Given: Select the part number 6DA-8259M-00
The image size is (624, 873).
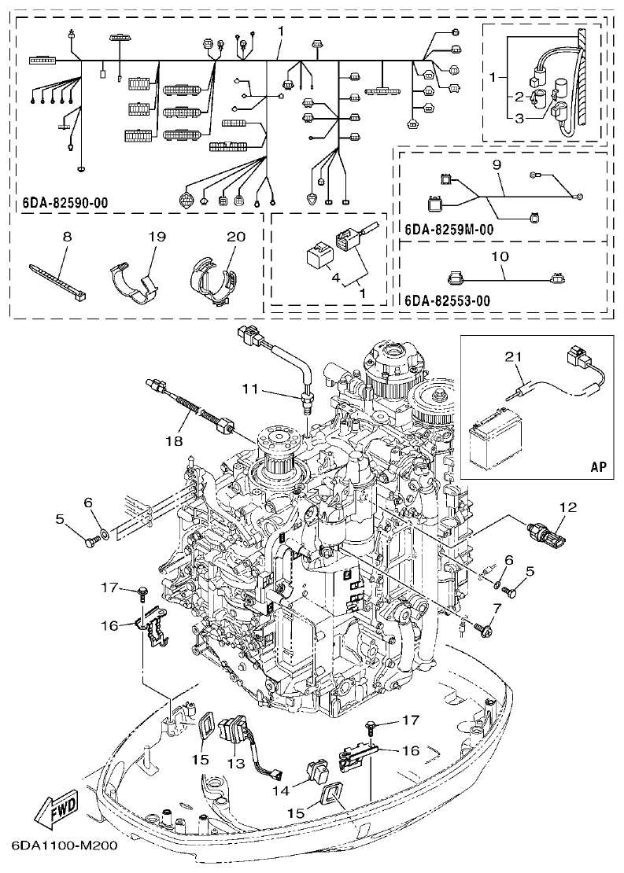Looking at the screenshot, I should pyautogui.click(x=449, y=230).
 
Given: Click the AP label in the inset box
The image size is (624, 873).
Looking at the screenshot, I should pyautogui.click(x=599, y=466).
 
